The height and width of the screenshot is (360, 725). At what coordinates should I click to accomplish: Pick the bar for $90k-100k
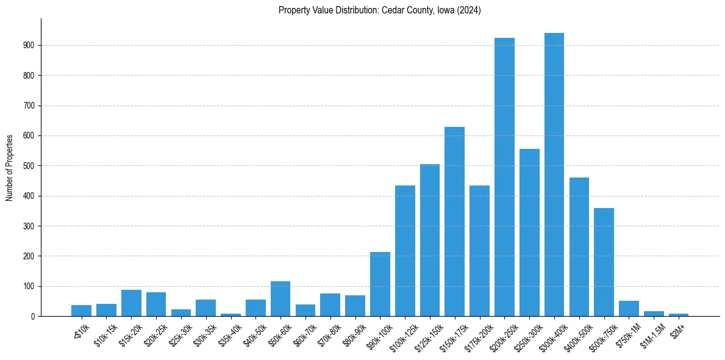pos(380,284)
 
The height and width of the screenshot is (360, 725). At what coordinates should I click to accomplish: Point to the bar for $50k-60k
pos(280,299)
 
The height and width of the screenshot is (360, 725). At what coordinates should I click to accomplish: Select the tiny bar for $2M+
pos(679,315)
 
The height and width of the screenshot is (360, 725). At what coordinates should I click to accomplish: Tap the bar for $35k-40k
pos(230,315)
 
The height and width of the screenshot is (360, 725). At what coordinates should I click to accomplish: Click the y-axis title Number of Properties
pos(9,168)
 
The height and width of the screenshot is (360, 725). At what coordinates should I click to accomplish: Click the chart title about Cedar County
pos(380,10)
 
